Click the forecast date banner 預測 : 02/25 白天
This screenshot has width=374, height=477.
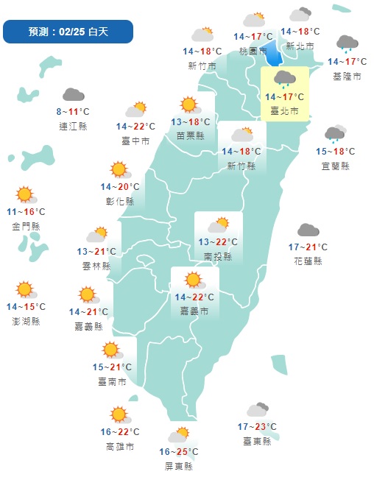coord(68,32)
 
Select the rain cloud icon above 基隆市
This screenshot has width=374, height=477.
coord(347,45)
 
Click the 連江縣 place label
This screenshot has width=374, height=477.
coord(73,126)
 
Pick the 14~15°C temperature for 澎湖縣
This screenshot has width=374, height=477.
coord(26,306)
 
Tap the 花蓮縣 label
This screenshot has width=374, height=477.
coord(308,261)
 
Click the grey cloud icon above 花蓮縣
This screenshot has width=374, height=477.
coord(308,231)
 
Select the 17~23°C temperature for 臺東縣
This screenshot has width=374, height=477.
coord(257,427)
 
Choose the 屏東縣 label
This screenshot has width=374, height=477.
coord(179,466)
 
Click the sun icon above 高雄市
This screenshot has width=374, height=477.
coord(118,415)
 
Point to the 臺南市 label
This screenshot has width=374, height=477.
coord(112,381)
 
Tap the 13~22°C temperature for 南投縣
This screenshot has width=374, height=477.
coord(217,242)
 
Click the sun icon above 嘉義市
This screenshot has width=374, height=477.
coord(194,280)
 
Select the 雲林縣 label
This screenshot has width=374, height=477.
coord(96,266)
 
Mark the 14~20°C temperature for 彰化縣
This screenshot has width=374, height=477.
coord(120,187)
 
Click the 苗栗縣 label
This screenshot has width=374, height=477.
coord(191,136)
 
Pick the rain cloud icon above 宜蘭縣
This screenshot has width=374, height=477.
coord(335,134)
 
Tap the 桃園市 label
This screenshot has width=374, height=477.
coord(253,51)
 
